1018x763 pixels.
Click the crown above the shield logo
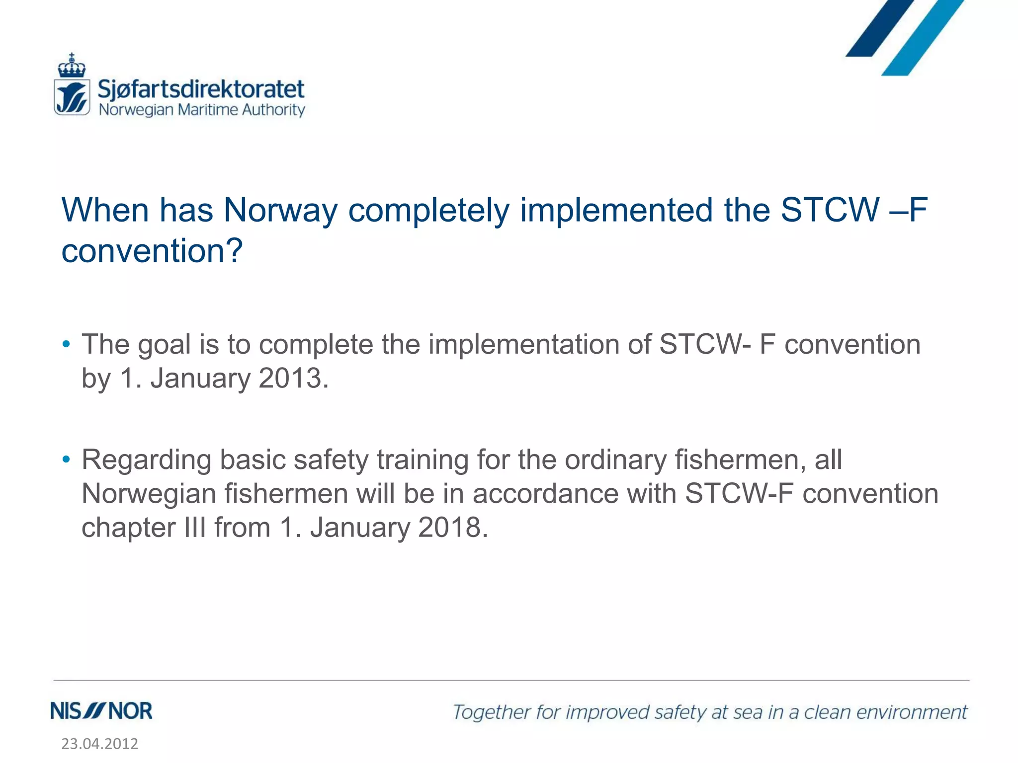coord(72,66)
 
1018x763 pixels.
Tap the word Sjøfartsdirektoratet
coord(201,89)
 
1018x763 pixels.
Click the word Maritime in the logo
coord(208,110)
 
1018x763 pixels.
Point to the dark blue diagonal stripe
coord(880,27)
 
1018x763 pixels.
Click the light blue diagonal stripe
coord(923,38)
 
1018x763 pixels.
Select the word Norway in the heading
coord(281,210)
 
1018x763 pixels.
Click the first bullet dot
coord(66,344)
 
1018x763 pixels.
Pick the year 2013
coord(290,379)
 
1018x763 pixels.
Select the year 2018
coord(450,527)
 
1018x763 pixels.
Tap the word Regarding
coord(146,460)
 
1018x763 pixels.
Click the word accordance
coord(545,494)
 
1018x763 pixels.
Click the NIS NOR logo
coord(101,711)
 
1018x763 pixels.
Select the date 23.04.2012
coord(100,744)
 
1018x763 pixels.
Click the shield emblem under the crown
coord(72,97)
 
